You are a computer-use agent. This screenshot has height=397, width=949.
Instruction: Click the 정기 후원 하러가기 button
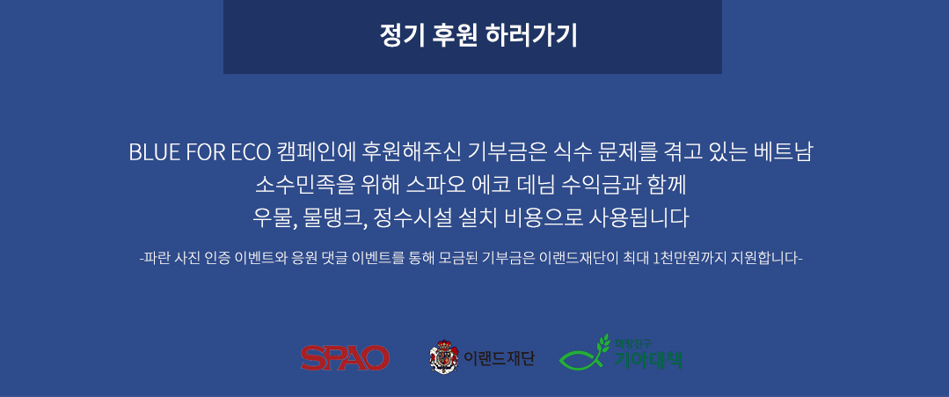pyautogui.click(x=472, y=37)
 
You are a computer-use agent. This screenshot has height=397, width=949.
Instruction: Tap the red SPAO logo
pyautogui.click(x=345, y=358)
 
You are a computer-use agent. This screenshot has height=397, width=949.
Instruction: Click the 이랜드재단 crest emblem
pyautogui.click(x=443, y=357)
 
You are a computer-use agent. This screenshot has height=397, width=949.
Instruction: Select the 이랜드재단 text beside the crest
pyautogui.click(x=499, y=359)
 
